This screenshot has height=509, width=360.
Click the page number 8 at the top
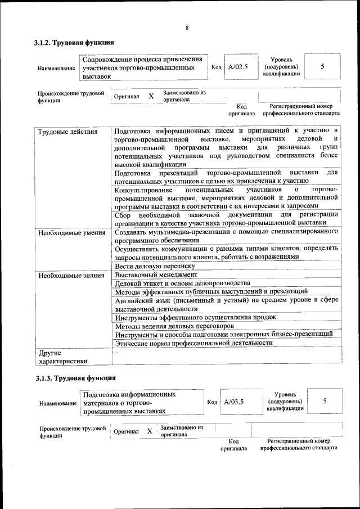click(x=187, y=28)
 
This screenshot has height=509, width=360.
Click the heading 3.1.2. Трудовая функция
click(x=74, y=43)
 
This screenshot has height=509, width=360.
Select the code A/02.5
click(x=238, y=67)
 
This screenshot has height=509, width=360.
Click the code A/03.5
click(x=234, y=402)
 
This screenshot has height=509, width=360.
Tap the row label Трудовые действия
click(x=67, y=132)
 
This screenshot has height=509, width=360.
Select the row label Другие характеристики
click(x=62, y=357)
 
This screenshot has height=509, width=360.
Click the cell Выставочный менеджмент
click(x=156, y=275)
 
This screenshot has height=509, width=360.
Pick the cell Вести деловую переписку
click(x=155, y=266)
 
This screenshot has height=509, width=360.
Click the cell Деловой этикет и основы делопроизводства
click(x=182, y=283)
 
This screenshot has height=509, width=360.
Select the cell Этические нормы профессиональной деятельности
click(x=193, y=343)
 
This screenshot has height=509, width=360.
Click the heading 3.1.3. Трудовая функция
click(x=74, y=378)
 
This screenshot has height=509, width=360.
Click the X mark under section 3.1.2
click(x=151, y=96)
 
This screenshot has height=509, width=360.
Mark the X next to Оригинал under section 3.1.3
click(x=149, y=431)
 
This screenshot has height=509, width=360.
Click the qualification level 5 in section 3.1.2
click(x=322, y=67)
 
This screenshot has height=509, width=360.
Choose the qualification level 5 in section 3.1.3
click(x=325, y=401)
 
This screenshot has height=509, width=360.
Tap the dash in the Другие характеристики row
click(x=116, y=353)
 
